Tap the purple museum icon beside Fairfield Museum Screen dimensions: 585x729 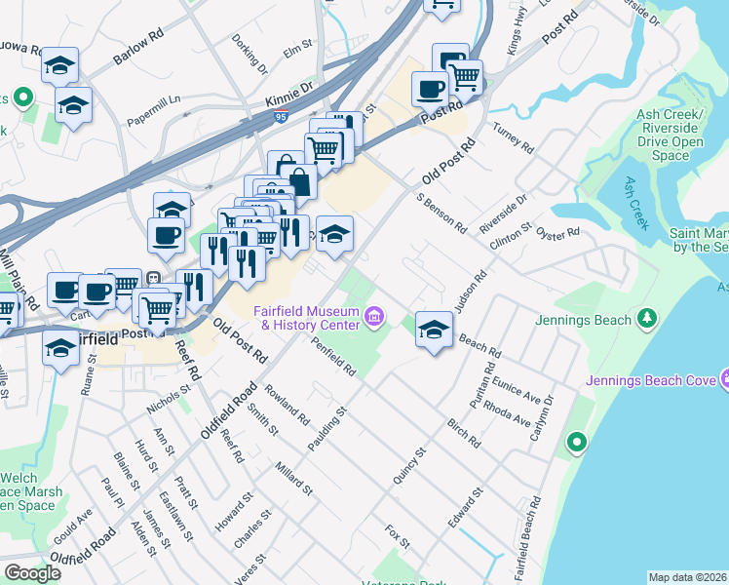pyautogui.click(x=373, y=317)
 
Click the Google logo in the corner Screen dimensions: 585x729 pyautogui.click(x=32, y=572)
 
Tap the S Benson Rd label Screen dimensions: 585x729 pyautogui.click(x=441, y=213)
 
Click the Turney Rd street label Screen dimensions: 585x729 pyautogui.click(x=514, y=140)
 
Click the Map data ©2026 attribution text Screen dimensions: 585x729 pyautogui.click(x=687, y=577)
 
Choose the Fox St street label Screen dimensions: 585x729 pyautogui.click(x=395, y=535)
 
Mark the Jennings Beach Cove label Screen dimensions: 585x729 pyautogui.click(x=650, y=380)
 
